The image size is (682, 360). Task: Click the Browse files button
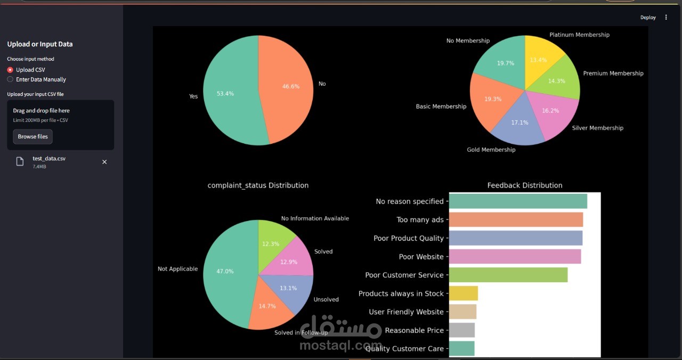[x=33, y=137]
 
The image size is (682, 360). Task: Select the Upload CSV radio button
[x=10, y=70]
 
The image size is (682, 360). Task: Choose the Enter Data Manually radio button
[x=10, y=79]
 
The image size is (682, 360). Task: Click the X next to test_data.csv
[x=104, y=162]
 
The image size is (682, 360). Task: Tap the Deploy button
[x=648, y=18]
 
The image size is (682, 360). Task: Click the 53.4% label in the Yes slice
[x=225, y=94]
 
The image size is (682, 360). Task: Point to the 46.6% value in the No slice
[x=290, y=86]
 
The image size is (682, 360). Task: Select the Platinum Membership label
[x=579, y=35]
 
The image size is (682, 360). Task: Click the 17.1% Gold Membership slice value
[x=519, y=122]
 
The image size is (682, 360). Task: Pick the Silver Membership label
[x=597, y=128]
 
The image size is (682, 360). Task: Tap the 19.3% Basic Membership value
[x=492, y=99]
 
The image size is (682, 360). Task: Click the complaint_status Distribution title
[x=258, y=185]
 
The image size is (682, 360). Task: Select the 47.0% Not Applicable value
[x=225, y=272]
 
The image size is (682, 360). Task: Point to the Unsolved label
[x=326, y=300]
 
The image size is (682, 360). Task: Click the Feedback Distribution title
[x=525, y=185]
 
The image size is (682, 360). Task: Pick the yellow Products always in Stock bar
[x=464, y=293]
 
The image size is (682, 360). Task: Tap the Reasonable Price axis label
[x=414, y=331]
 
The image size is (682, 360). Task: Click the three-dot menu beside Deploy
[x=666, y=18]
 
